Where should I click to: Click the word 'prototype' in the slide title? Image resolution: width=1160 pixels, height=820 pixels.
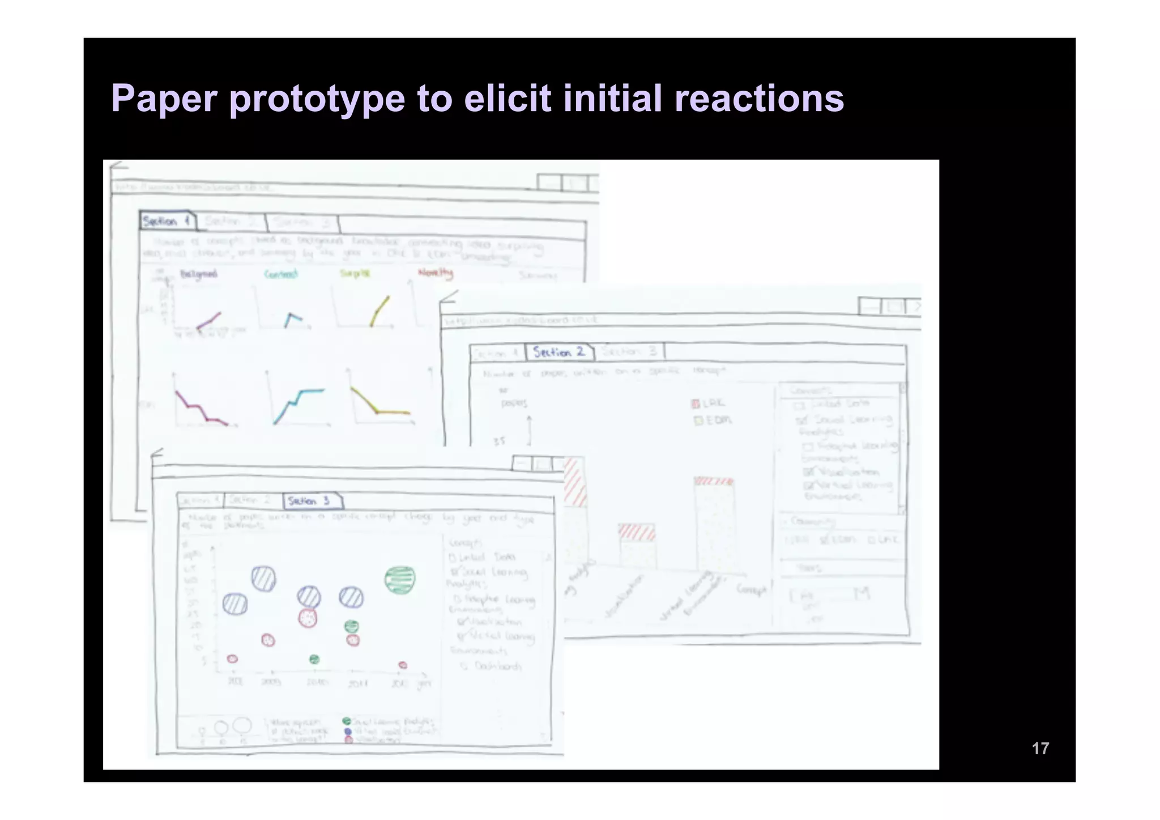(317, 99)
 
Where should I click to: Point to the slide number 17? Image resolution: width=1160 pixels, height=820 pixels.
(1040, 749)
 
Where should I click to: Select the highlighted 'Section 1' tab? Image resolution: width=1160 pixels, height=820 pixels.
(166, 221)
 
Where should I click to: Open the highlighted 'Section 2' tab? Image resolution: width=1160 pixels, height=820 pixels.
(559, 352)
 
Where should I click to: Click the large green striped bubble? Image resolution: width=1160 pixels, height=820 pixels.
(400, 580)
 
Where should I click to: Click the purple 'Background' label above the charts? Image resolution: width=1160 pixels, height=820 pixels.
(198, 274)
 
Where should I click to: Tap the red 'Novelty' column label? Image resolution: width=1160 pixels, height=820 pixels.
(435, 273)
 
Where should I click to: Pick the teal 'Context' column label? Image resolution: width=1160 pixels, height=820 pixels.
(281, 275)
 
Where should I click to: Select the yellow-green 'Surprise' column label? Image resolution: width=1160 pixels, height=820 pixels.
(355, 274)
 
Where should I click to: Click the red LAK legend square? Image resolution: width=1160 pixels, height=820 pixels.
(696, 403)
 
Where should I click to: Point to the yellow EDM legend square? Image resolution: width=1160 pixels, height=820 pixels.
(698, 420)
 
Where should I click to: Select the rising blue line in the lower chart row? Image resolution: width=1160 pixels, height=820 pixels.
(298, 402)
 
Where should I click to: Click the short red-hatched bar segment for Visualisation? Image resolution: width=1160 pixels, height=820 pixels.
(637, 532)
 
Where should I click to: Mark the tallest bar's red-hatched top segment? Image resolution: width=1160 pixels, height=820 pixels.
(714, 481)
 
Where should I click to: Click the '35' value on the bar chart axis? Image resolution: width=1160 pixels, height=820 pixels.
(499, 441)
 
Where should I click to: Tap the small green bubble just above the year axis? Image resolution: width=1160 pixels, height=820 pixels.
(314, 659)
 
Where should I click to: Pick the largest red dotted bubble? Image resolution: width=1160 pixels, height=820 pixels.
(308, 618)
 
